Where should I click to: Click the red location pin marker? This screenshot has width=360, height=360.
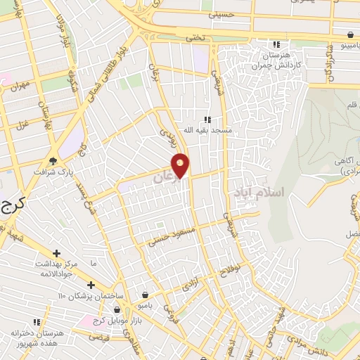tap(181, 165)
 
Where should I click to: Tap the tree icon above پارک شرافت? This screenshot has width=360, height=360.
tap(53, 160)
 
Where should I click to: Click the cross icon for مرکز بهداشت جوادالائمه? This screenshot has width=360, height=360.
tap(57, 252)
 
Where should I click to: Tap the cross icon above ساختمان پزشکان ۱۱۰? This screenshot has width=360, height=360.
tap(91, 284)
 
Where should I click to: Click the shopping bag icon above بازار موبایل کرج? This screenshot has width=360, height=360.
tap(117, 309)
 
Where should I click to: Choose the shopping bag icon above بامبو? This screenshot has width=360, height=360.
tap(145, 295)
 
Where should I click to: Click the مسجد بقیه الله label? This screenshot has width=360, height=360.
tap(207, 130)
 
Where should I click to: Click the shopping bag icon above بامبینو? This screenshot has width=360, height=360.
tap(349, 33)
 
